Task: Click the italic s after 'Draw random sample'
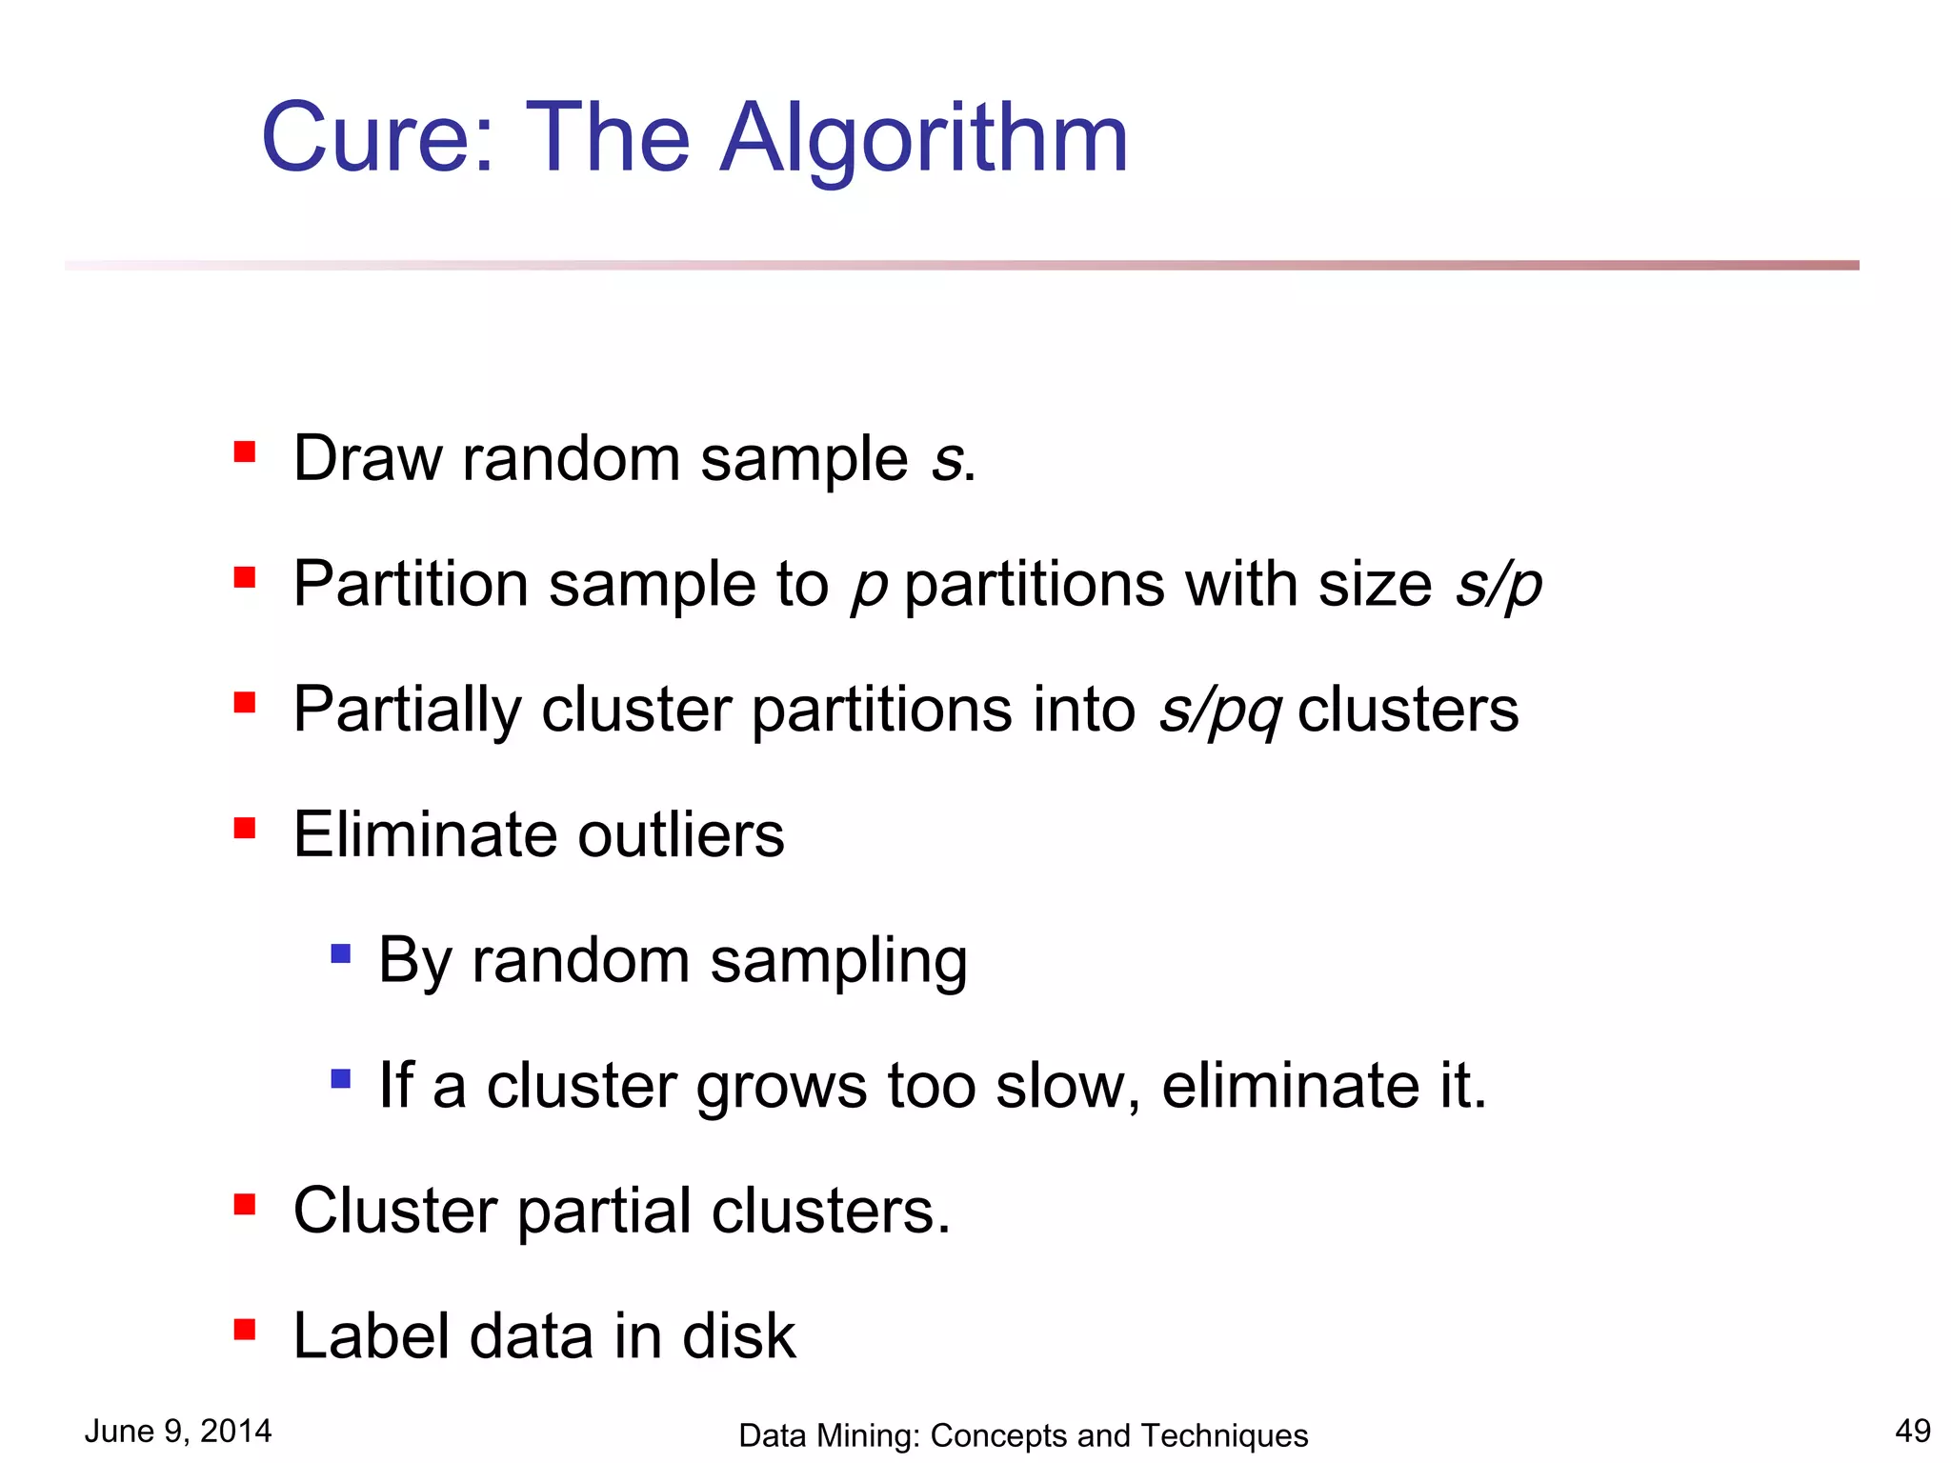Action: [946, 459]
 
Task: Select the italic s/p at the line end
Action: [1498, 585]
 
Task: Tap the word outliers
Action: [681, 835]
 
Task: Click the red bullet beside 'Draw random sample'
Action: [245, 451]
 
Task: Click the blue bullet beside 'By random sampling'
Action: [340, 953]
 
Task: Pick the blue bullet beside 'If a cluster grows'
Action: [340, 1079]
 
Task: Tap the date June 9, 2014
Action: [178, 1431]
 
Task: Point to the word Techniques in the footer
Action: [1224, 1435]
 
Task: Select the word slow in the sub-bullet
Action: [1057, 1086]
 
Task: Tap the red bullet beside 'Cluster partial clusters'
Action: [245, 1205]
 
